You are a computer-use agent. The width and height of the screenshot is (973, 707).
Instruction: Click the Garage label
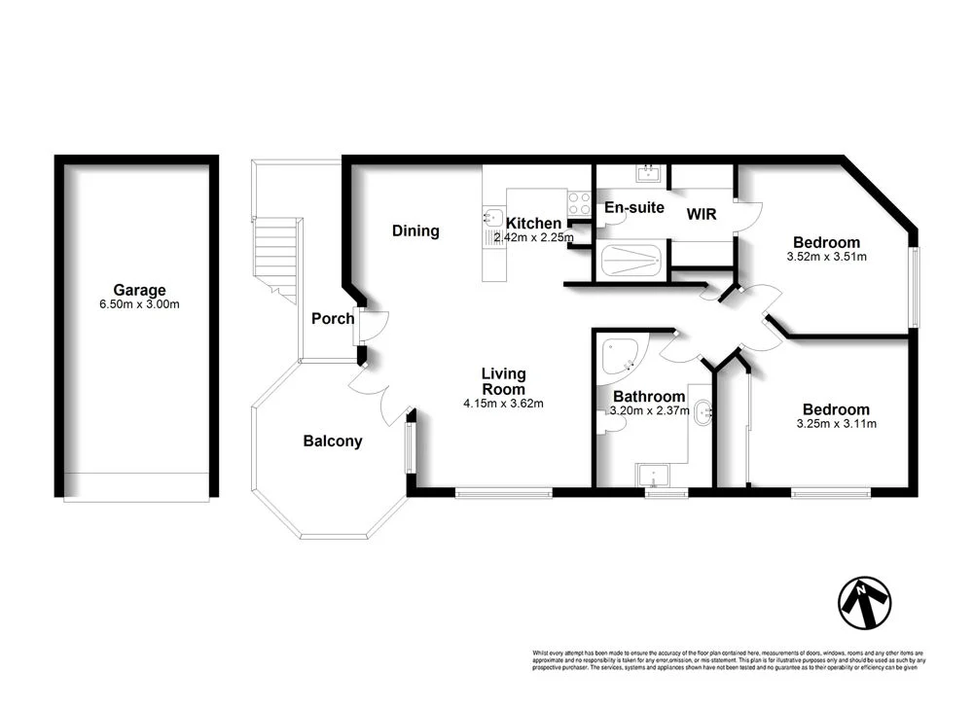click(x=139, y=290)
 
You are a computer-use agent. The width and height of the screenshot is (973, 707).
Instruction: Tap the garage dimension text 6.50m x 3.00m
click(x=139, y=304)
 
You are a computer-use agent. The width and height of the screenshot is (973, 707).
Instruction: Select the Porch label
click(x=333, y=319)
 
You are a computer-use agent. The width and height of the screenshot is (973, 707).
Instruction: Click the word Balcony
click(x=333, y=442)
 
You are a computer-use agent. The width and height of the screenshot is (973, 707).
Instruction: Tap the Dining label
click(x=415, y=231)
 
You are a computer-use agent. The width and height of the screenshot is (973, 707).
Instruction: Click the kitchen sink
click(x=492, y=218)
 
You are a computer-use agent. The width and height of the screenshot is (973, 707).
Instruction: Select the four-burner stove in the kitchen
click(x=580, y=203)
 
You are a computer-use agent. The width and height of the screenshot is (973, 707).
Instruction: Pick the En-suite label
click(x=633, y=207)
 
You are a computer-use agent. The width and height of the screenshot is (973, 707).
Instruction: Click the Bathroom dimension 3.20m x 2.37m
click(x=649, y=411)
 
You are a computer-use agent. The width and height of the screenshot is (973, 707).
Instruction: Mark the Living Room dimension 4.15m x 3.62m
click(x=504, y=404)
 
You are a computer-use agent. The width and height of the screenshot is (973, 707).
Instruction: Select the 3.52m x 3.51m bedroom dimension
click(x=826, y=258)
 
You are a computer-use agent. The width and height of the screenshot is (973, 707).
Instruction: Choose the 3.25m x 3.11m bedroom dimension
click(x=836, y=424)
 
